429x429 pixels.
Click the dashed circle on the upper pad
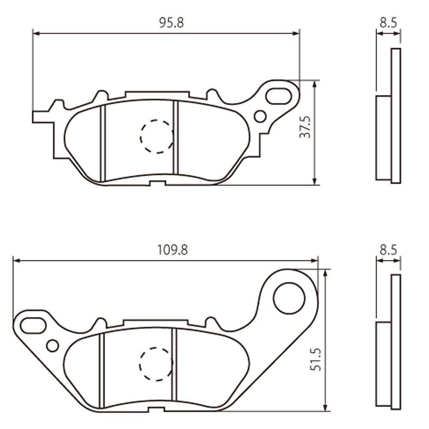pos(157,136)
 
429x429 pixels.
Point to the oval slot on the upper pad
pos(278,96)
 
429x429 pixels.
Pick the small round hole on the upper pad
pos(260,116)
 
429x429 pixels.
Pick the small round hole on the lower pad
pos(53,345)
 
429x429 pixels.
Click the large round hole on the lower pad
pos(289,298)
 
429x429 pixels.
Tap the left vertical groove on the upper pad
pos(103,144)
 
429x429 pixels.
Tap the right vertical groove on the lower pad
pos(174,369)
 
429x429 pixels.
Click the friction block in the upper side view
pos(384,138)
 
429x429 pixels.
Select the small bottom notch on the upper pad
pos(157,184)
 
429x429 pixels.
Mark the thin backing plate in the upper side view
pos(396,116)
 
